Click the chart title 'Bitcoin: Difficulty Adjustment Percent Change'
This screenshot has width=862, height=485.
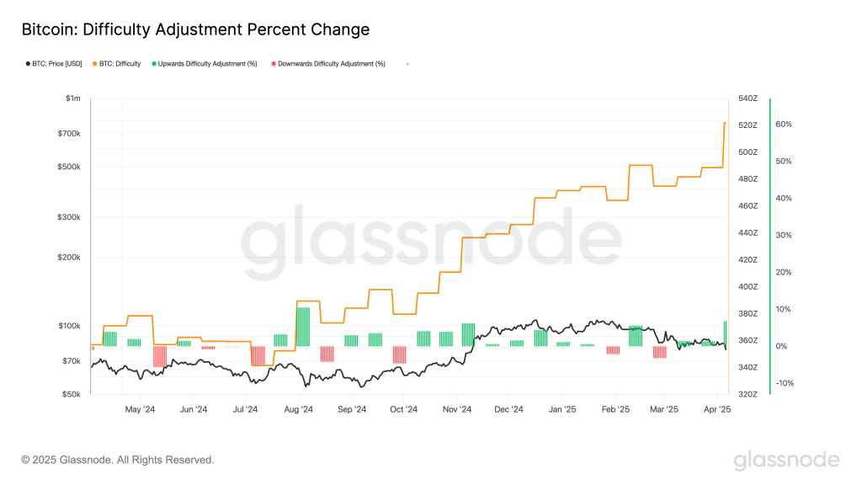[194, 29]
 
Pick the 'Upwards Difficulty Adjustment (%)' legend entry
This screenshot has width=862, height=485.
[207, 64]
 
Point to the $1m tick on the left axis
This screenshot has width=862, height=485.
[73, 99]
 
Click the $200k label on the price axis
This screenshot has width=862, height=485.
[69, 258]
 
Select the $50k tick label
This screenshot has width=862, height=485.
[71, 394]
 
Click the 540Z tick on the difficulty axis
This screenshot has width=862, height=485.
[748, 99]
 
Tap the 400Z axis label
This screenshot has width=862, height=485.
[748, 286]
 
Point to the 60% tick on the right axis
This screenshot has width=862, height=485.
[784, 125]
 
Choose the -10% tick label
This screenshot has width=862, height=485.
[784, 383]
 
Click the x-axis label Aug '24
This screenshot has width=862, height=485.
[298, 410]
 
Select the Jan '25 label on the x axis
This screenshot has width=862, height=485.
[561, 410]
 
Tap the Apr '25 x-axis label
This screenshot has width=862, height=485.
[717, 410]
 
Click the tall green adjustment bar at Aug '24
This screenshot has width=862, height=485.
[303, 327]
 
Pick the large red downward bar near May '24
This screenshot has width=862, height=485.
[159, 356]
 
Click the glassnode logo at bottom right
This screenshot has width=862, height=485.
[786, 460]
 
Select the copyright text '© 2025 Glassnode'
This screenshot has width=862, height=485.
[118, 460]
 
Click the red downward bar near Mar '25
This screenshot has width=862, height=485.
[659, 352]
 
